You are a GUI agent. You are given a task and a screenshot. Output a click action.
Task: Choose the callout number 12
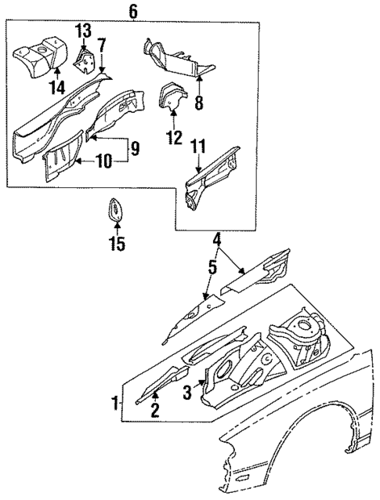174,139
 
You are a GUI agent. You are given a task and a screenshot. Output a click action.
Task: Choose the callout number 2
154,408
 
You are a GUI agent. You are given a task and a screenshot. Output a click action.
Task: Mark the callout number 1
116,405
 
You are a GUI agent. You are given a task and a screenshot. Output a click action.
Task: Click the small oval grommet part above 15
115,214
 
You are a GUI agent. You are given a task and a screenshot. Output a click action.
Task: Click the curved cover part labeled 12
172,98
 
